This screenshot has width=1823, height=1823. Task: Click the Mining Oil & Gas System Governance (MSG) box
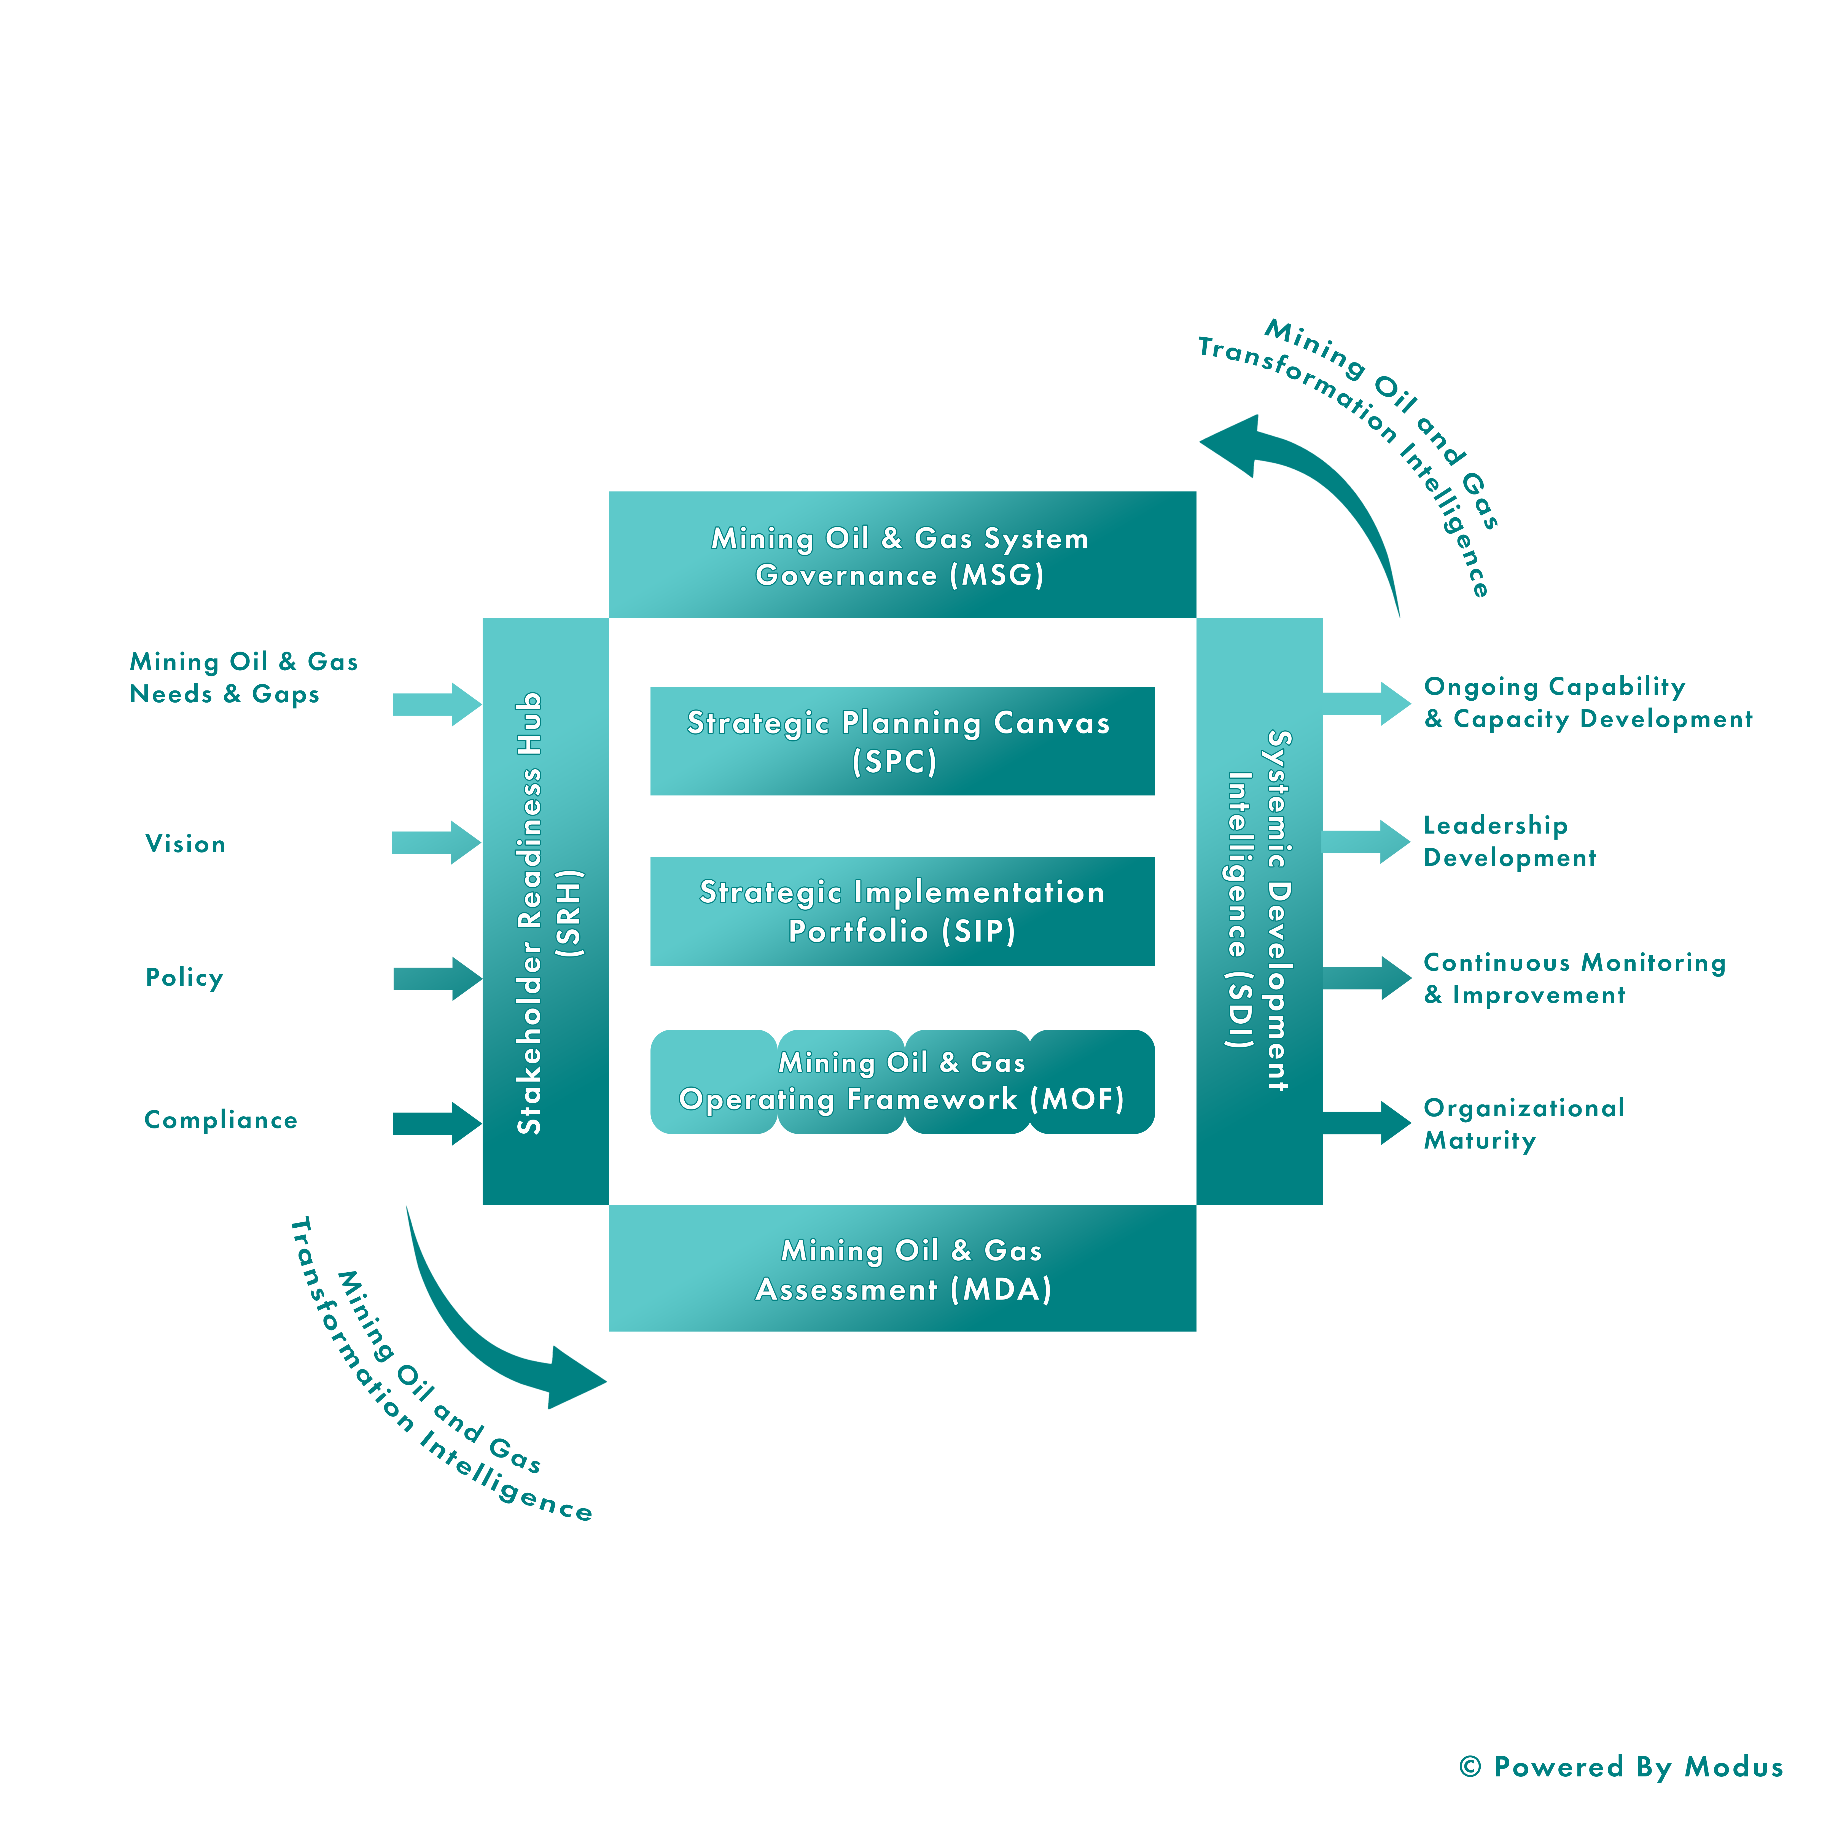point(902,555)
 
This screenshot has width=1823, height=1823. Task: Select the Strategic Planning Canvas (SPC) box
point(902,741)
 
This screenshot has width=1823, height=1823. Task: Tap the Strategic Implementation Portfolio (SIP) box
point(902,911)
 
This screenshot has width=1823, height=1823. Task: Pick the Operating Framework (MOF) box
point(902,1081)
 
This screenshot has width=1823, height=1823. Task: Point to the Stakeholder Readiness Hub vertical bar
point(545,911)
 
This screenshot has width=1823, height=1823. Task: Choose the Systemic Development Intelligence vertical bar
point(1260,911)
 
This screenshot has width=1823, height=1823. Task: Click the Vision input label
point(185,844)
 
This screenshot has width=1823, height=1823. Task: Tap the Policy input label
point(184,978)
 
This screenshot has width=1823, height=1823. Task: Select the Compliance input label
point(221,1121)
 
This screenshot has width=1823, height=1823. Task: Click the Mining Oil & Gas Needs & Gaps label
point(243,677)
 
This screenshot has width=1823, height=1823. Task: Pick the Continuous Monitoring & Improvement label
point(1574,978)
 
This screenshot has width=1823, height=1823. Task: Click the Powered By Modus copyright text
point(1620,1767)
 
